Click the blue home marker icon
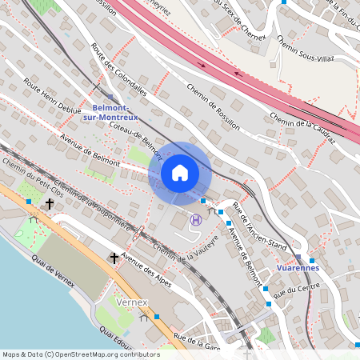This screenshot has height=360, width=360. point(179,173)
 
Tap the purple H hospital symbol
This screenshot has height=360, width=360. point(195,219)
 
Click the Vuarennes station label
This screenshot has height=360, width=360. point(297,267)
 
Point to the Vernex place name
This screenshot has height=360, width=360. point(132,302)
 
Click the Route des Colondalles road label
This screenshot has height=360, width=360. point(119,70)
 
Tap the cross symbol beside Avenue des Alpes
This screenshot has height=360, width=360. point(114,258)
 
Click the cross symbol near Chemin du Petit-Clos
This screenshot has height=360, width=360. point(50,204)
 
